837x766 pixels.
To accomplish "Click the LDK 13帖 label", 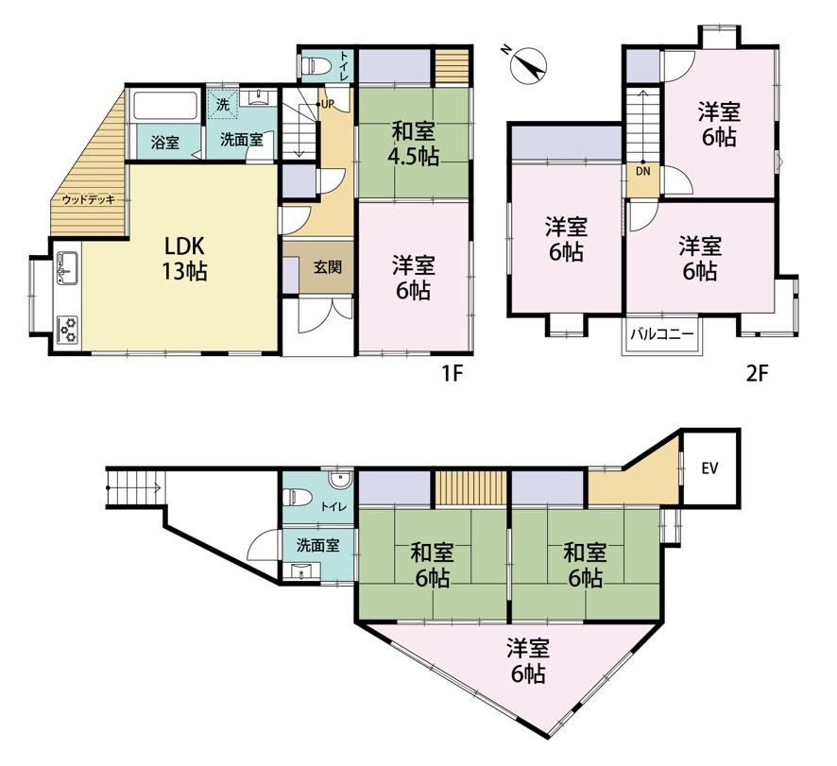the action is [x=185, y=260].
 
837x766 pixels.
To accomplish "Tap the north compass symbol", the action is [x=527, y=66].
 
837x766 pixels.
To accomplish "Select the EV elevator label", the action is [x=710, y=468].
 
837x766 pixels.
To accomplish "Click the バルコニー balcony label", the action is [x=662, y=334].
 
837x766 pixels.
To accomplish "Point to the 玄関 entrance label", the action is [x=327, y=267].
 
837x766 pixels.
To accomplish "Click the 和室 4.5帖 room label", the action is [x=415, y=144].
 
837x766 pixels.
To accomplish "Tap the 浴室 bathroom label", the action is [x=165, y=143].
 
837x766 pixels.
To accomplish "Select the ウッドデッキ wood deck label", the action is [x=89, y=200].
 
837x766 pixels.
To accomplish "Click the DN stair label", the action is [x=643, y=172].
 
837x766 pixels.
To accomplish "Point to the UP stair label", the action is [x=328, y=104].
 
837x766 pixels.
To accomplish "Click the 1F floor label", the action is [x=452, y=374].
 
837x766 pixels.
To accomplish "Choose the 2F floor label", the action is [x=757, y=374].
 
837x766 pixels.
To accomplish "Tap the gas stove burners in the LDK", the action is [x=68, y=330].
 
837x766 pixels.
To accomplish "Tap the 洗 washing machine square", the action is [x=222, y=105].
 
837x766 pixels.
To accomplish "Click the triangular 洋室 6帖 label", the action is [x=528, y=661].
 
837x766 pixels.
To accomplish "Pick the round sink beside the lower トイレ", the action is [x=339, y=480].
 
